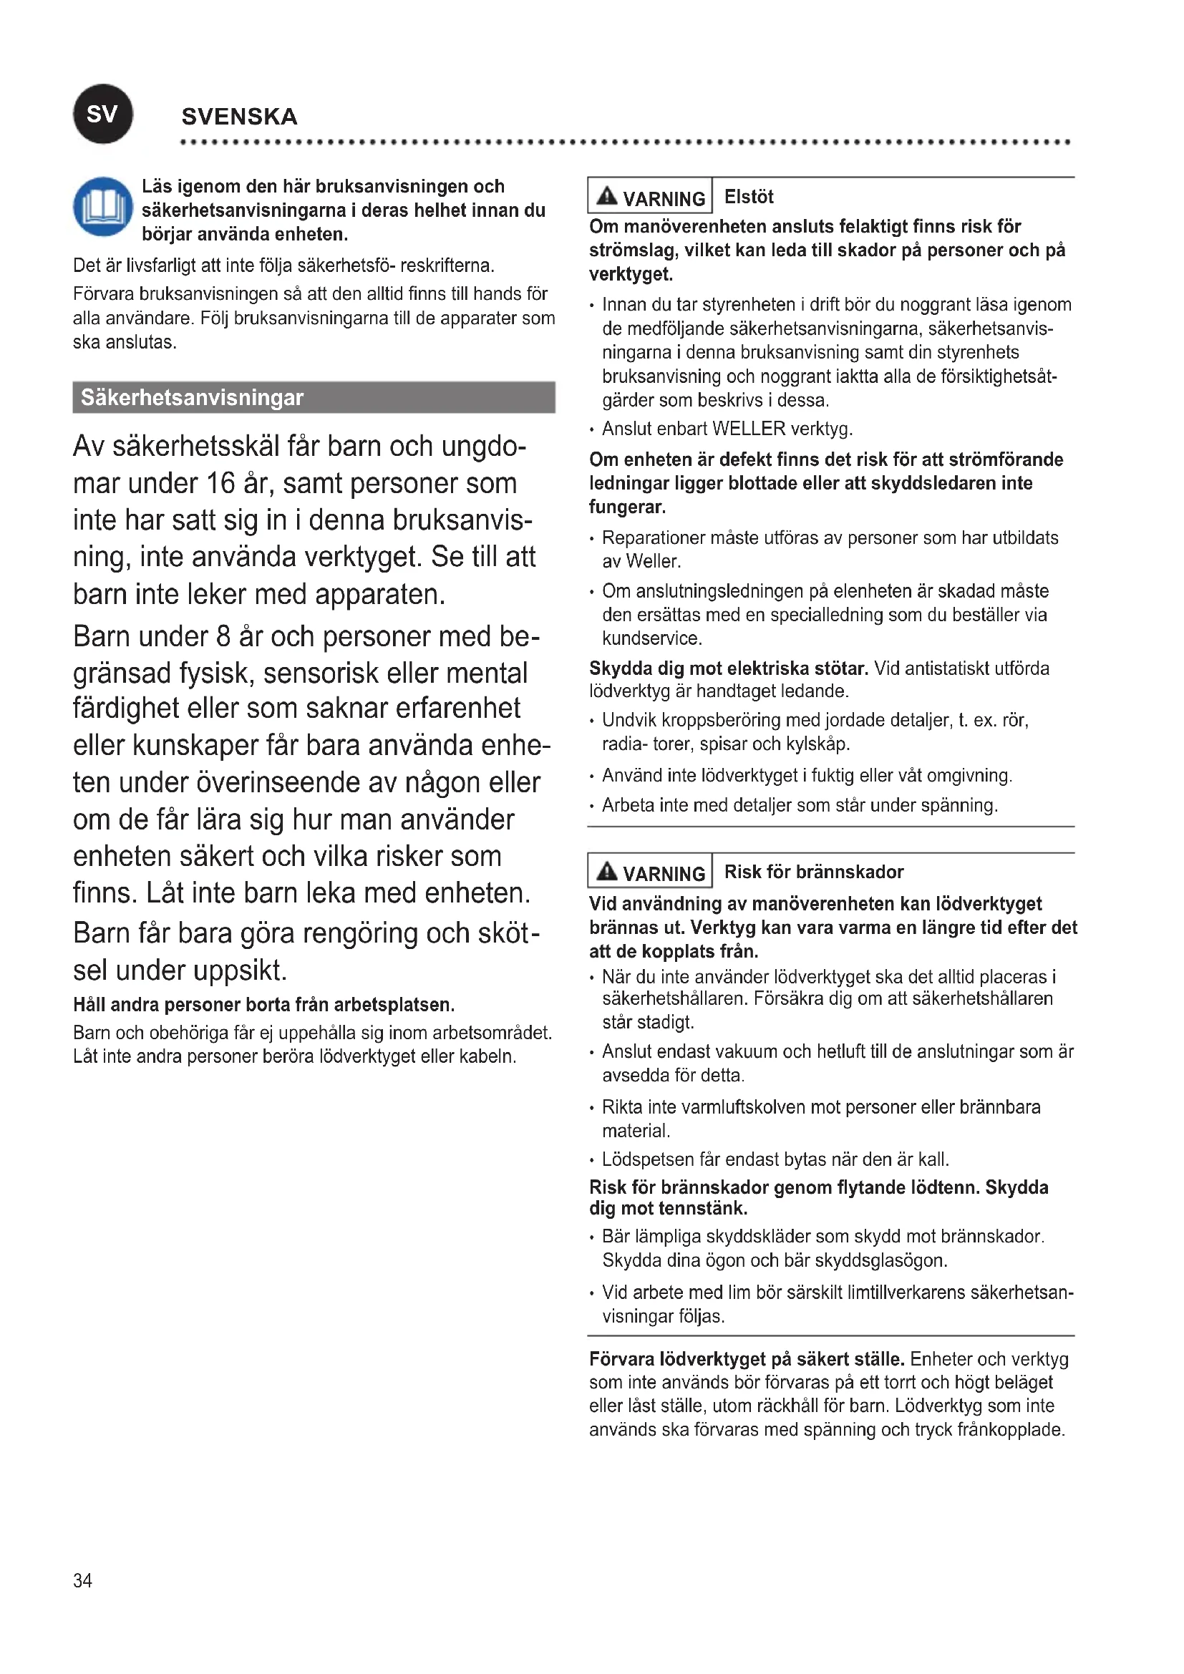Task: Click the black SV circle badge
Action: (x=103, y=114)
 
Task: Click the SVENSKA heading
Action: (x=239, y=117)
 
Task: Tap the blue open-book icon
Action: (x=103, y=206)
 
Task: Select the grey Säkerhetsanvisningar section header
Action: (x=314, y=397)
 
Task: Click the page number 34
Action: (x=82, y=1580)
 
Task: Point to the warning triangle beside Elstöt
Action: (x=606, y=196)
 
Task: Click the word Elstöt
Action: (x=749, y=197)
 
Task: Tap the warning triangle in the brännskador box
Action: (x=606, y=871)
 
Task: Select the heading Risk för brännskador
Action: (x=814, y=872)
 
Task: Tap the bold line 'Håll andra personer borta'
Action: (x=263, y=1005)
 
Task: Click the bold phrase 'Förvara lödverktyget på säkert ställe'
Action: (x=747, y=1359)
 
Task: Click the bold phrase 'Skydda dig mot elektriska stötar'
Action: (x=728, y=668)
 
